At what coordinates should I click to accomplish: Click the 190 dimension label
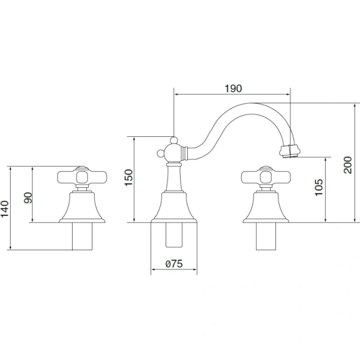click(x=233, y=88)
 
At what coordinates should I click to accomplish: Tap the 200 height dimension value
click(x=348, y=165)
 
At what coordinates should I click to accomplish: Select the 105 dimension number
click(x=319, y=187)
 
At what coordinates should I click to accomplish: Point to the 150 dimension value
click(x=128, y=178)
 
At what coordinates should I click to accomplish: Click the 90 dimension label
click(x=28, y=197)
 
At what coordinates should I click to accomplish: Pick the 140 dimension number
click(x=5, y=209)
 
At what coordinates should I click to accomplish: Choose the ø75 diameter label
click(x=174, y=264)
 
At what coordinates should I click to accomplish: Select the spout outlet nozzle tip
click(x=290, y=151)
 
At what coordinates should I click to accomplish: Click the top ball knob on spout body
click(x=174, y=140)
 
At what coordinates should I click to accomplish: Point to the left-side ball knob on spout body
click(x=160, y=153)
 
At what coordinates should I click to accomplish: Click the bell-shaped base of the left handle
click(x=82, y=207)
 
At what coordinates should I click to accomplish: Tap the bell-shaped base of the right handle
click(x=266, y=207)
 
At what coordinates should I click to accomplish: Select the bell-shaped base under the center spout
click(x=174, y=207)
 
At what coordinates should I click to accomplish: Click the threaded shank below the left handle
click(x=82, y=236)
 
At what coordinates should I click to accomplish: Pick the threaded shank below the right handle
click(x=266, y=236)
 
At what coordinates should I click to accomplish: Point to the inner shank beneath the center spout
click(x=174, y=235)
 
